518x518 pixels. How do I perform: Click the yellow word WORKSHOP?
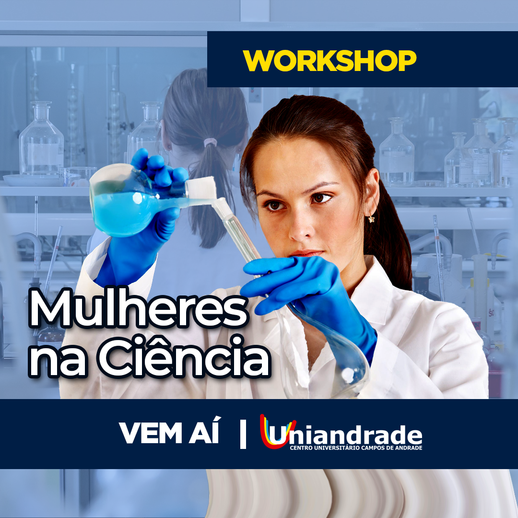point(330,60)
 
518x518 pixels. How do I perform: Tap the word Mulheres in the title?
point(139,308)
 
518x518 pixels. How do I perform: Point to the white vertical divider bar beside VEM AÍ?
point(243,434)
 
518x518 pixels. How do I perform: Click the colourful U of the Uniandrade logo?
point(277,431)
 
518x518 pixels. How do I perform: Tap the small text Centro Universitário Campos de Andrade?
point(356,448)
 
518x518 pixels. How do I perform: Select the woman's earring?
point(372,219)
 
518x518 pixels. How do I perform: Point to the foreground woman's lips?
point(306,253)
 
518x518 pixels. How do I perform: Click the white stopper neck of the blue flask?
point(202,188)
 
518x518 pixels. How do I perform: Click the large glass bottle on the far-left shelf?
point(41,139)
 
